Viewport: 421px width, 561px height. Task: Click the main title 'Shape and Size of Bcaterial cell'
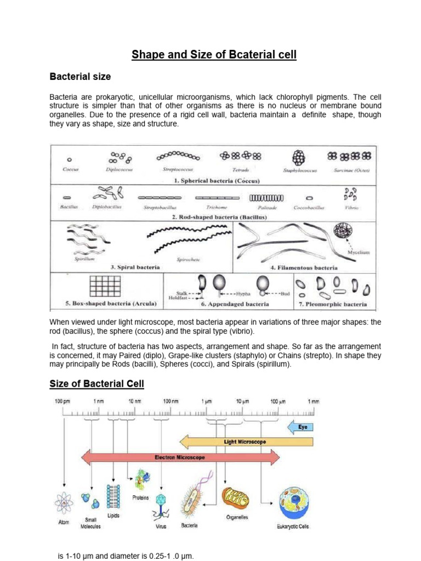point(214,55)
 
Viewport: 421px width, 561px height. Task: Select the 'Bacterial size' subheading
point(81,76)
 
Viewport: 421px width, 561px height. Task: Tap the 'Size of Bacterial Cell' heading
point(97,383)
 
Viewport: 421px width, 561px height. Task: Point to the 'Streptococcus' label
point(178,170)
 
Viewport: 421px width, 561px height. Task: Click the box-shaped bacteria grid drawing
point(104,286)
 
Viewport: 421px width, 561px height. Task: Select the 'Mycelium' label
point(359,253)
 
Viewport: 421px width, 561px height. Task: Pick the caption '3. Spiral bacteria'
point(135,267)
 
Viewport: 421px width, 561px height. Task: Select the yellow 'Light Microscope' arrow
point(247,441)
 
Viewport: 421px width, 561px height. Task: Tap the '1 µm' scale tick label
point(206,402)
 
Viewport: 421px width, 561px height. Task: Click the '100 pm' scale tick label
point(62,402)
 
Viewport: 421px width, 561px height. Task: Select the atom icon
point(64,503)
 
